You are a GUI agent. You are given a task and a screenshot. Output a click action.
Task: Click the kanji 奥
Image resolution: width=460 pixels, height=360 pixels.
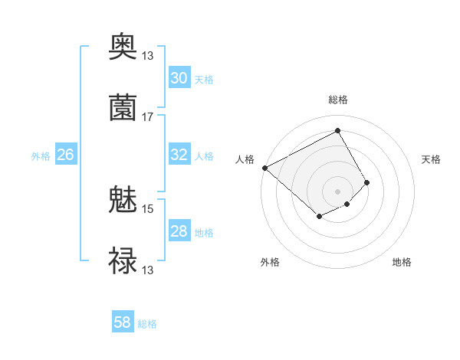pyautogui.click(x=123, y=48)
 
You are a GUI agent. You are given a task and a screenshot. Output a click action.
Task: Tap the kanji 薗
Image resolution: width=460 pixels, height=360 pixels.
pyautogui.click(x=123, y=109)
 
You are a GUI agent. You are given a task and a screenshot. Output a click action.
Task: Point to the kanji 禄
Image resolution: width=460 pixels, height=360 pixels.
pyautogui.click(x=123, y=261)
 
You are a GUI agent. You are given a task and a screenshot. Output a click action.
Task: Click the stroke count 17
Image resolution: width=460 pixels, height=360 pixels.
pyautogui.click(x=148, y=117)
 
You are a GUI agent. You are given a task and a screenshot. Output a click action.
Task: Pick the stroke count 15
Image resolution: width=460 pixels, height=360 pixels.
pyautogui.click(x=148, y=208)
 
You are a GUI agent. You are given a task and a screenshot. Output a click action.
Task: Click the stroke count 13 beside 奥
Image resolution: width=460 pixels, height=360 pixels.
pyautogui.click(x=148, y=56)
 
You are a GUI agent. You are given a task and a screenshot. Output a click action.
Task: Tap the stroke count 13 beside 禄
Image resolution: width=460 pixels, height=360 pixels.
pyautogui.click(x=148, y=270)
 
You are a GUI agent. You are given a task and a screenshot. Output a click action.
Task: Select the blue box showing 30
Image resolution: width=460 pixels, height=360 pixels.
pyautogui.click(x=179, y=78)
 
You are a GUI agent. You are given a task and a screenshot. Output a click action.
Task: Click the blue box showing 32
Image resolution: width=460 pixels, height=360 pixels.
pyautogui.click(x=179, y=155)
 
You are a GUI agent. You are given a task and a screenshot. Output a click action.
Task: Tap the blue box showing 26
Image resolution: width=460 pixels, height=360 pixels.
pyautogui.click(x=65, y=155)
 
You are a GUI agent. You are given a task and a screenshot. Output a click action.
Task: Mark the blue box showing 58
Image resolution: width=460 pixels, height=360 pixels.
pyautogui.click(x=123, y=322)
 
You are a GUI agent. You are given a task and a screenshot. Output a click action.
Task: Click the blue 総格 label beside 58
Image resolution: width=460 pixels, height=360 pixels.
pyautogui.click(x=147, y=324)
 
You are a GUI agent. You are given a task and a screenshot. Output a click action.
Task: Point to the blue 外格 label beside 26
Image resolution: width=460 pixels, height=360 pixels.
pyautogui.click(x=41, y=156)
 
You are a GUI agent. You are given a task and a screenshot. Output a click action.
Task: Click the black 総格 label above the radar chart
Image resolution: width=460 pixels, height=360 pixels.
pyautogui.click(x=338, y=100)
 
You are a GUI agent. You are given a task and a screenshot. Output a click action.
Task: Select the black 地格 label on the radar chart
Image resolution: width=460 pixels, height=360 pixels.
pyautogui.click(x=402, y=263)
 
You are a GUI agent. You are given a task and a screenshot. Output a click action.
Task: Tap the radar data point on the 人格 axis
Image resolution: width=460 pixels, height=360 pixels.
pyautogui.click(x=264, y=168)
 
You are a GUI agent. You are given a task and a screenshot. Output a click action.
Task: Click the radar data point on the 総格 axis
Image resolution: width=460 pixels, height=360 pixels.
pyautogui.click(x=338, y=130)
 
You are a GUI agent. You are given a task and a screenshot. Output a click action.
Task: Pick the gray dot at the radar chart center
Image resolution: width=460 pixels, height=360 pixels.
pyautogui.click(x=338, y=191)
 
